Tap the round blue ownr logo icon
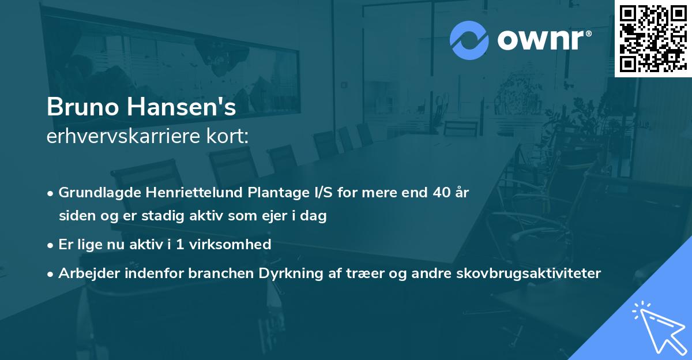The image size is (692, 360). tap(469, 40)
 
